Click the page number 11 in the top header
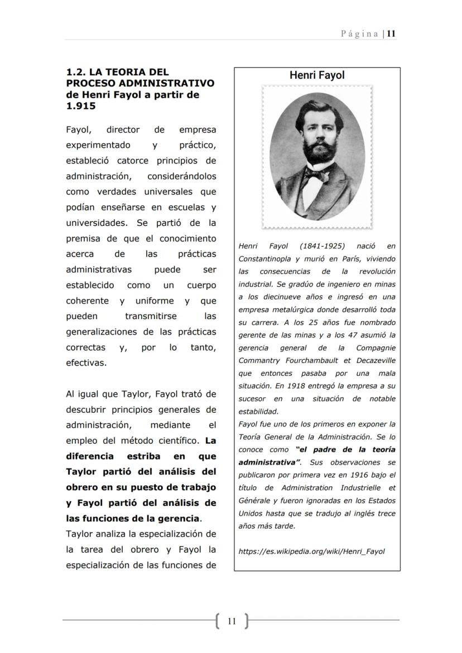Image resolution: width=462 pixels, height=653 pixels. click(392, 33)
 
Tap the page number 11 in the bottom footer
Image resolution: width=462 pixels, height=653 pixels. click(232, 621)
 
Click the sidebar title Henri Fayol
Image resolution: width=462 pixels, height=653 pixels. click(317, 75)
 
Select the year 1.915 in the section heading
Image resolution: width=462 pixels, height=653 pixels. click(81, 106)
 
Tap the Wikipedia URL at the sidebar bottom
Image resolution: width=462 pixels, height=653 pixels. click(311, 552)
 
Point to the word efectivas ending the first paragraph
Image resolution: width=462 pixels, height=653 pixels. click(86, 363)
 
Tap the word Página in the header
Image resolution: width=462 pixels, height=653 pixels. click(360, 33)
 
